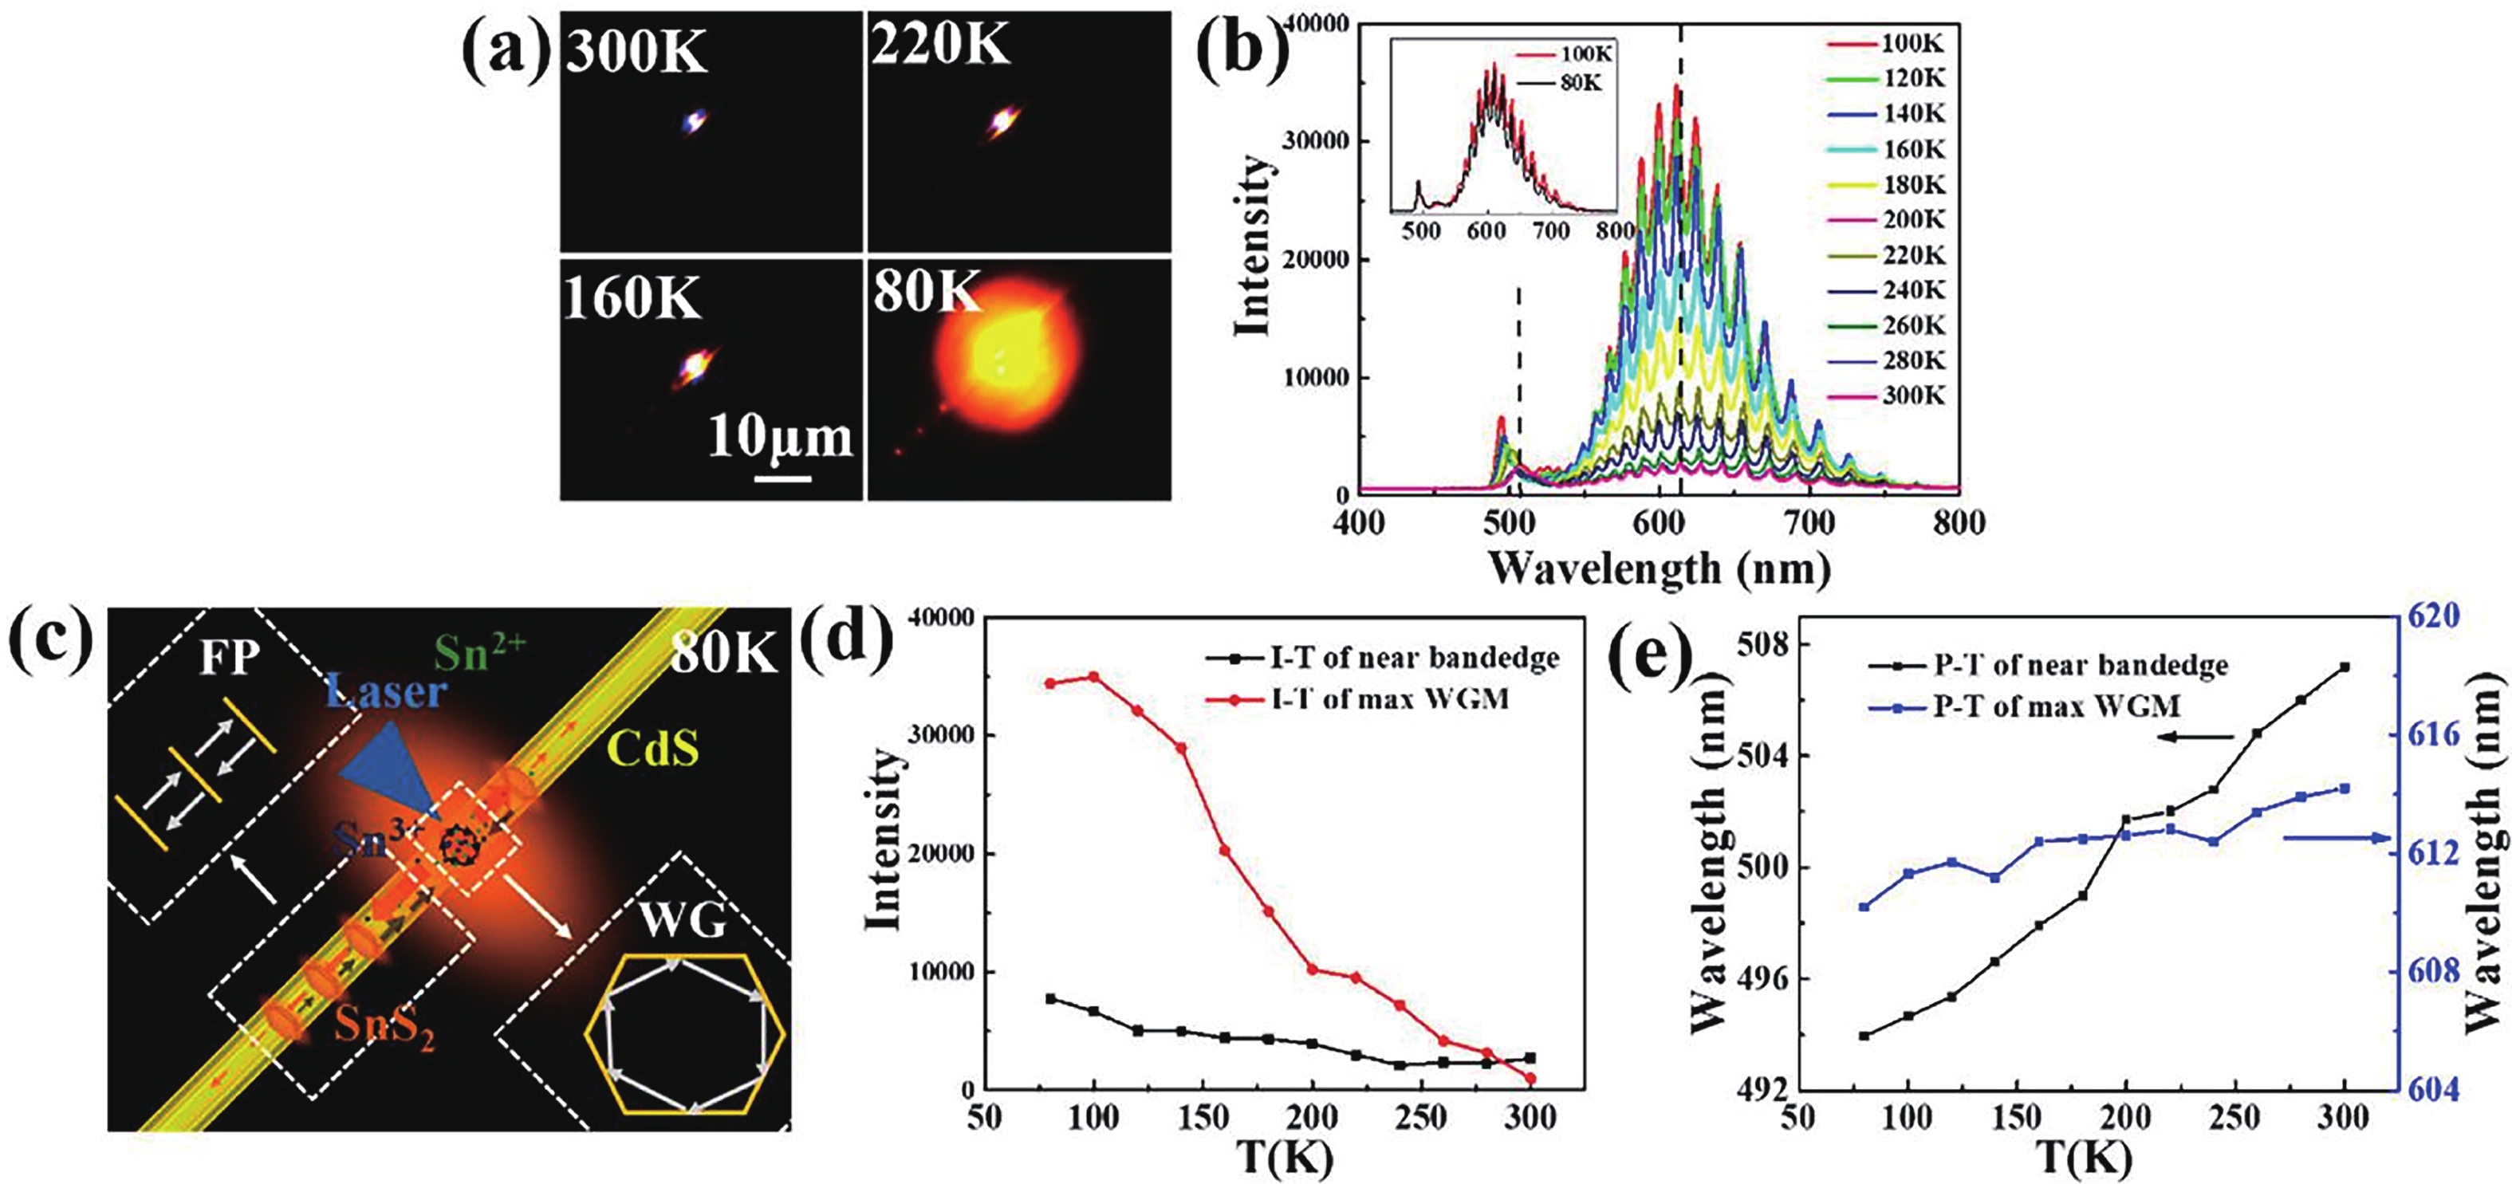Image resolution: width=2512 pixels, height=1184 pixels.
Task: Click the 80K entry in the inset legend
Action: (1565, 83)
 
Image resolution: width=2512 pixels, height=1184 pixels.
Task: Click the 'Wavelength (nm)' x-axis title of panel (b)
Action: (1658, 568)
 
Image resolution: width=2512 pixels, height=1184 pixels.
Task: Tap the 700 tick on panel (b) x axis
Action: (1810, 524)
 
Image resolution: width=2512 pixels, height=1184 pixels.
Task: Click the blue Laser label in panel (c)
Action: (386, 692)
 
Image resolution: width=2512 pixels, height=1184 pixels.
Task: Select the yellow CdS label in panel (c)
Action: (652, 748)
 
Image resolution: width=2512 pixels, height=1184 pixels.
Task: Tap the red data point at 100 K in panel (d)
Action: (1093, 677)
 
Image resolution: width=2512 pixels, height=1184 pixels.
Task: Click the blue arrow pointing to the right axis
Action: (2336, 838)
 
